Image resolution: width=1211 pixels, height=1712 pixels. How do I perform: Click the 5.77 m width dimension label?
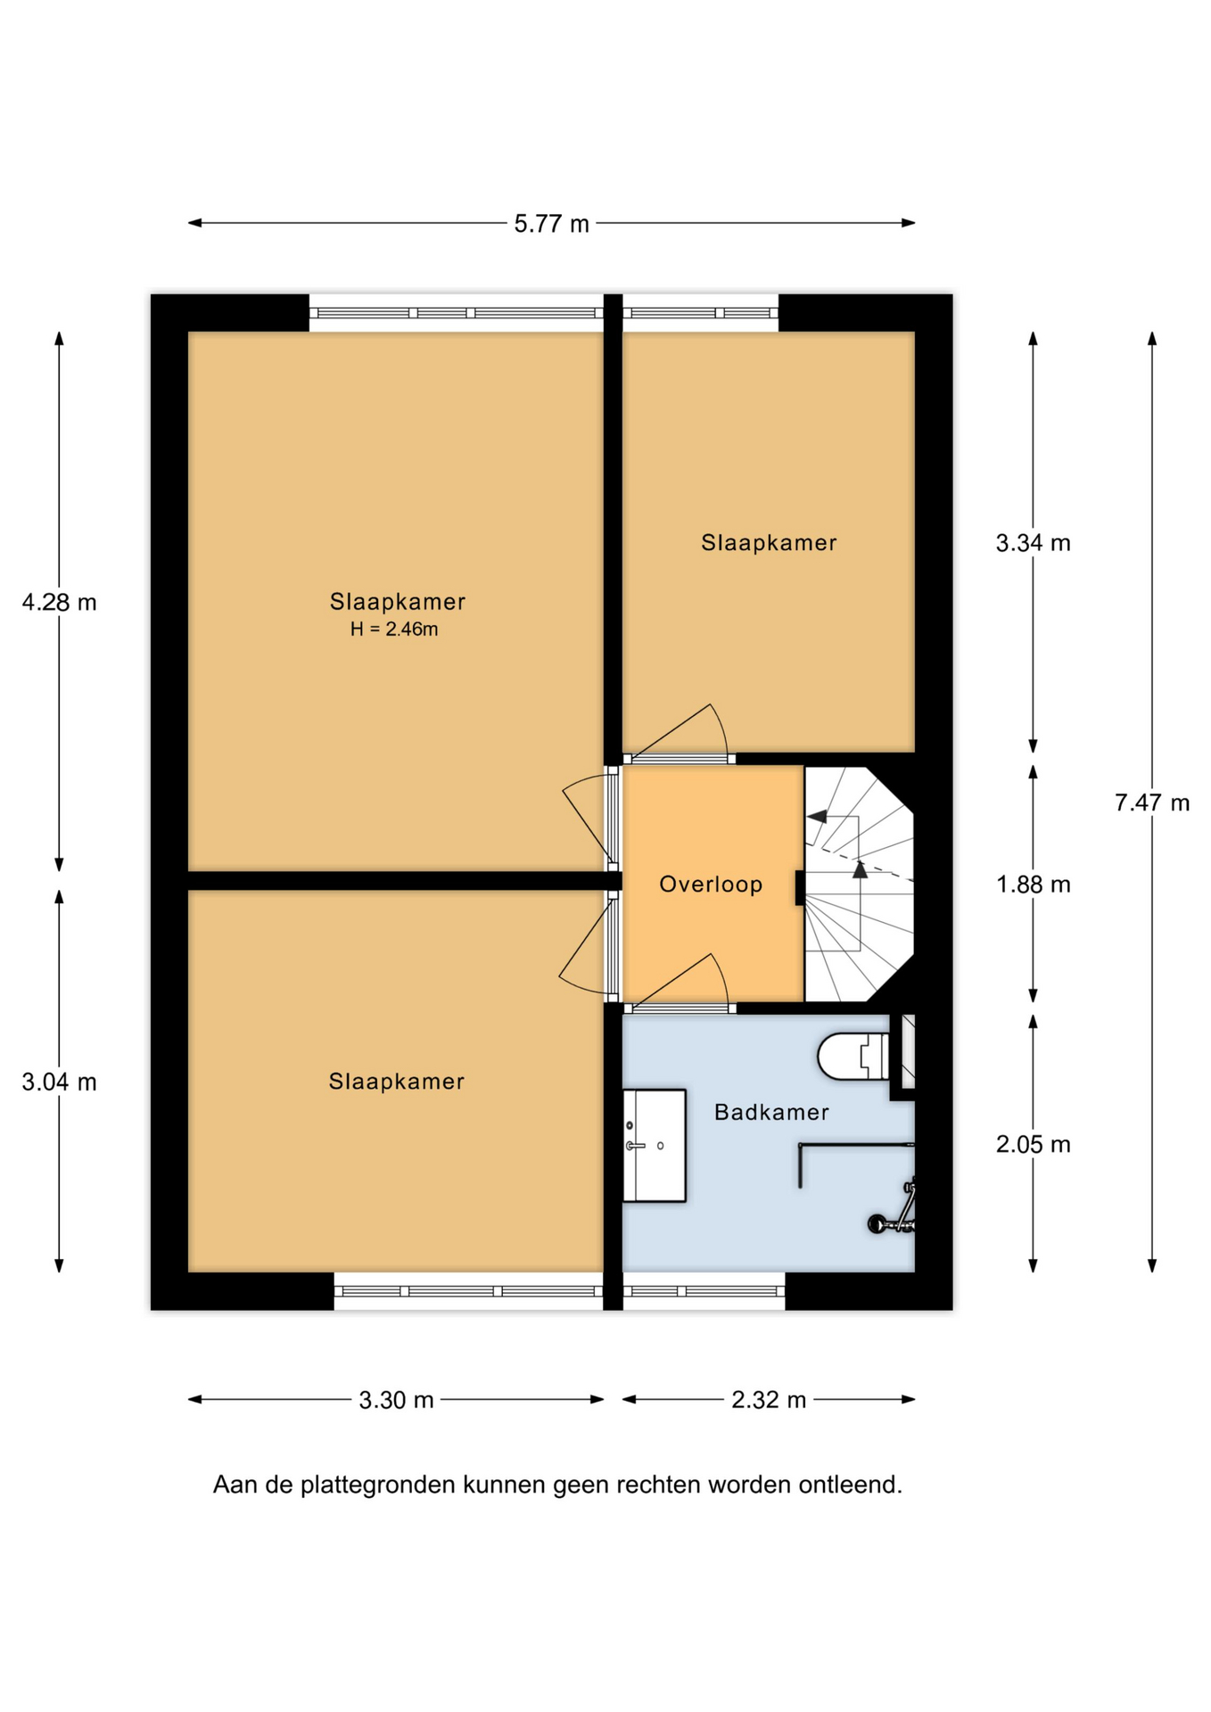click(551, 223)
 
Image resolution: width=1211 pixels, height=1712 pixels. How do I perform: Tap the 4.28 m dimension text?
click(60, 603)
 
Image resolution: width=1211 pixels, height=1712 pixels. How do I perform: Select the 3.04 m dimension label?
click(60, 1082)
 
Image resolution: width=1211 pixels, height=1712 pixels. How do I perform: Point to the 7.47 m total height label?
click(1152, 802)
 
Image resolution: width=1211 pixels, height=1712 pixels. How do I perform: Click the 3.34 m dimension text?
click(1034, 542)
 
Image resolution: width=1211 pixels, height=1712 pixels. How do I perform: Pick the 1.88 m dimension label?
click(1034, 885)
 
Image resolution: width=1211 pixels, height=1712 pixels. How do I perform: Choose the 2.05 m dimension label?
click(1034, 1144)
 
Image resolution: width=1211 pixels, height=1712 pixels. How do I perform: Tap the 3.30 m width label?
click(396, 1400)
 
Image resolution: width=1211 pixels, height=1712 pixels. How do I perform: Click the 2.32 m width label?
click(769, 1400)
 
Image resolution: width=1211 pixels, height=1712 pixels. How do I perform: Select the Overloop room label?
click(711, 885)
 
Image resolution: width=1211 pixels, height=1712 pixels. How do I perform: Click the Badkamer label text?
click(771, 1112)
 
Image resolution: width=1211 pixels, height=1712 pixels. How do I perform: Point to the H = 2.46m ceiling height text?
click(394, 630)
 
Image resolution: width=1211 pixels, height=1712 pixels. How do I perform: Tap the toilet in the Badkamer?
click(853, 1056)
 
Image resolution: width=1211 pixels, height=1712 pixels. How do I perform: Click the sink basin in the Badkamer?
click(654, 1146)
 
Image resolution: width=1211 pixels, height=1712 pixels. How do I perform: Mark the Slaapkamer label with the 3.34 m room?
click(769, 542)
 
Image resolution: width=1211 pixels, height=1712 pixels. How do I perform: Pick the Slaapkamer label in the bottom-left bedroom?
click(397, 1082)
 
